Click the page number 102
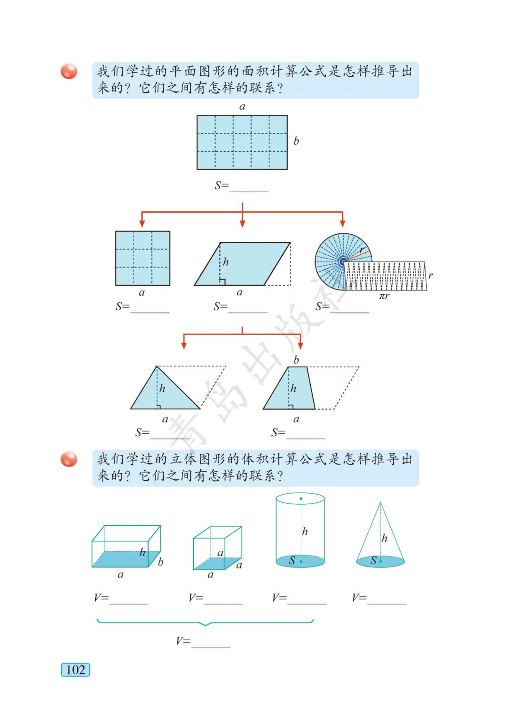(x=75, y=669)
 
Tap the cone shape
(x=380, y=538)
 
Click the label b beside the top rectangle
(x=296, y=141)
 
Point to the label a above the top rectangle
(x=242, y=107)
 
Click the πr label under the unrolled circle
(x=384, y=296)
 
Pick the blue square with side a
(x=143, y=259)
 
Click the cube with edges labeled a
(x=217, y=548)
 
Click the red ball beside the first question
(x=69, y=71)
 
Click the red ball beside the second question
(x=69, y=459)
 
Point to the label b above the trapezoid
(x=296, y=360)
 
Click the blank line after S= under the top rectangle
(x=249, y=188)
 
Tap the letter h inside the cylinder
(x=305, y=531)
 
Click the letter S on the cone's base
(x=374, y=560)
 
